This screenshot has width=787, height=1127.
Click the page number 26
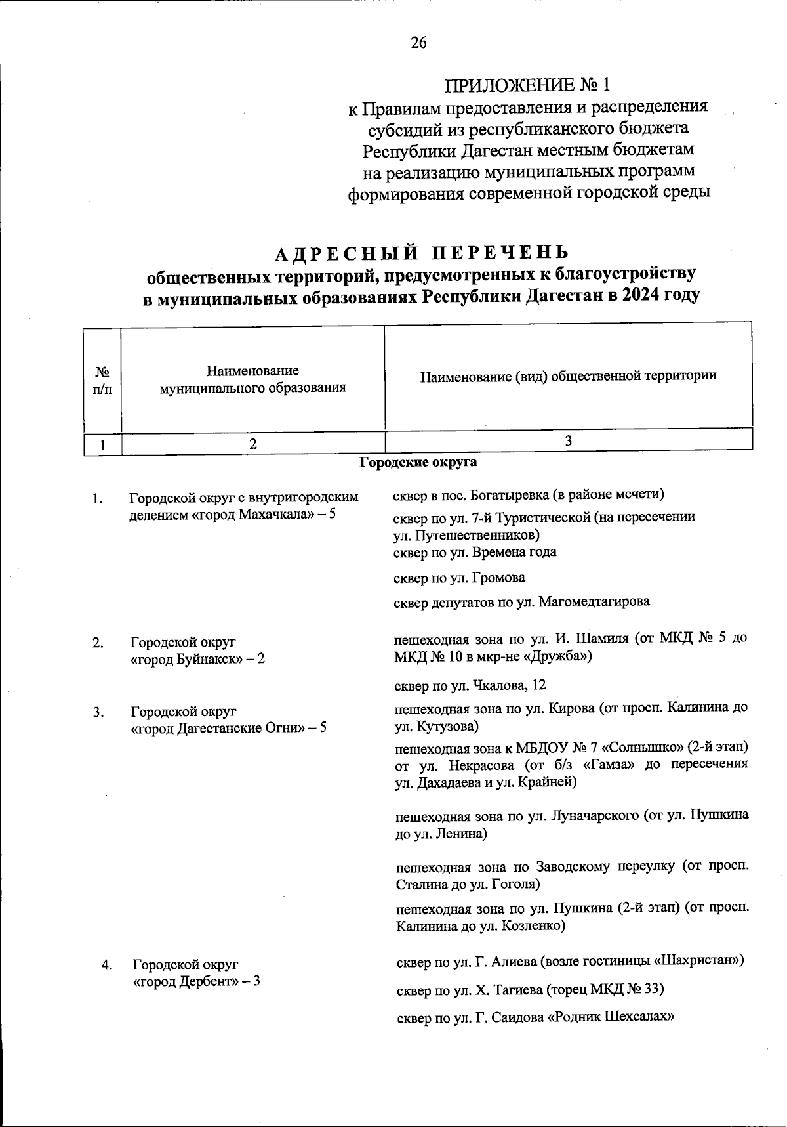[418, 43]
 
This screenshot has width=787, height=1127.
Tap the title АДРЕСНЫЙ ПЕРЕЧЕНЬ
[421, 253]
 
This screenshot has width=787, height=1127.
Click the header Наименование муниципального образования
[252, 379]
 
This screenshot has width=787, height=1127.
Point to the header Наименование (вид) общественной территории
[568, 375]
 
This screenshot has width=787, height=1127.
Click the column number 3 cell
[568, 441]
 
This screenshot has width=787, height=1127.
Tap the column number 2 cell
[252, 444]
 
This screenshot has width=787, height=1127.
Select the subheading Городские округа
[418, 463]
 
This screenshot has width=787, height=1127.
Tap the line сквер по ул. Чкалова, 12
[470, 686]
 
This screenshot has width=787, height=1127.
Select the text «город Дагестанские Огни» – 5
[229, 728]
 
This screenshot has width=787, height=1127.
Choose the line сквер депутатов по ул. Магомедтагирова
[521, 602]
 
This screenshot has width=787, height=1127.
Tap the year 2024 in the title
[643, 296]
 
